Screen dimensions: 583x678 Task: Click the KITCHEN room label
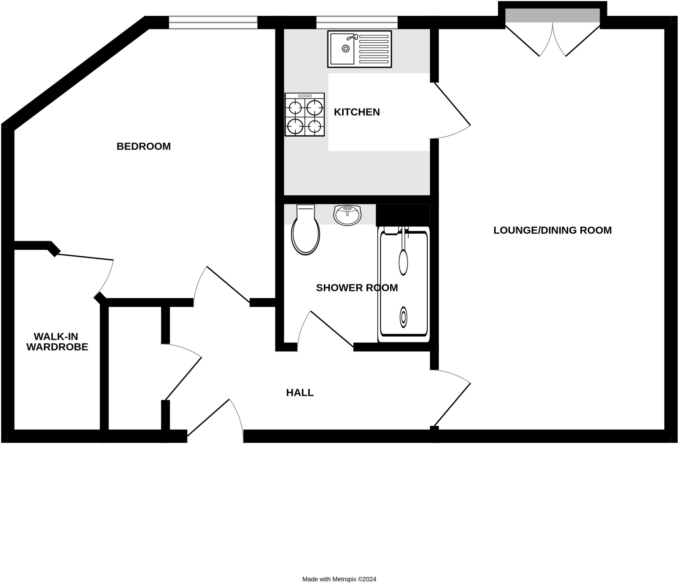pyautogui.click(x=357, y=112)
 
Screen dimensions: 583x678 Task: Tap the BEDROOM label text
pyautogui.click(x=143, y=146)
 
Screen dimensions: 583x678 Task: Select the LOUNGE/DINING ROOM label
pyautogui.click(x=552, y=230)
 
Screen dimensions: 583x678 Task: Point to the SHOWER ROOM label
pyautogui.click(x=357, y=288)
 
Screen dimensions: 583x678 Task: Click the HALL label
pyautogui.click(x=300, y=393)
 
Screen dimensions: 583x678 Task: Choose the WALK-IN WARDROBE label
pyautogui.click(x=57, y=342)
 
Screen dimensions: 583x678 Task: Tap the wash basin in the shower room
pyautogui.click(x=347, y=215)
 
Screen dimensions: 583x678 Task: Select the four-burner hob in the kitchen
pyautogui.click(x=305, y=114)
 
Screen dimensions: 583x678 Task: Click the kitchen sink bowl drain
pyautogui.click(x=346, y=49)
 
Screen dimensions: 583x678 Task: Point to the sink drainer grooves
pyautogui.click(x=374, y=49)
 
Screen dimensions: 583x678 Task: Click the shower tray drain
pyautogui.click(x=403, y=317)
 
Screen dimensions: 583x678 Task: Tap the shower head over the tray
pyautogui.click(x=403, y=262)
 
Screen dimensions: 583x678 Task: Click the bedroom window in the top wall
pyautogui.click(x=213, y=22)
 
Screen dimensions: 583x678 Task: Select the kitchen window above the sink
pyautogui.click(x=357, y=22)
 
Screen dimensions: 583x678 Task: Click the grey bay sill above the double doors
pyautogui.click(x=552, y=16)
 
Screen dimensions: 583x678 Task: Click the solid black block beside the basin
pyautogui.click(x=403, y=215)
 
